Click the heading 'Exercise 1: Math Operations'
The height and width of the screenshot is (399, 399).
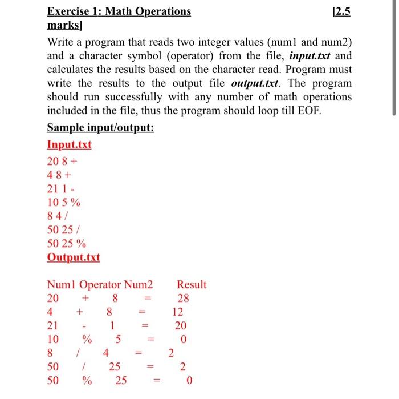click(x=119, y=11)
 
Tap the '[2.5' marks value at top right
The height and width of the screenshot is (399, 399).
click(x=340, y=11)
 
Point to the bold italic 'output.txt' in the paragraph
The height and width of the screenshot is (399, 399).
click(x=258, y=83)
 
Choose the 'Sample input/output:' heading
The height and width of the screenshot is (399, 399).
click(x=100, y=128)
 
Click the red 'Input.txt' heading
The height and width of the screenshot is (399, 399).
click(x=69, y=144)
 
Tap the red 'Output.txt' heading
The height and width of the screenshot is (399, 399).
click(x=73, y=257)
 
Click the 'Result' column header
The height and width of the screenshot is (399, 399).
click(x=192, y=284)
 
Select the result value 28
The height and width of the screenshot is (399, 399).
click(x=183, y=298)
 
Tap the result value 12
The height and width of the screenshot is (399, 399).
click(x=178, y=312)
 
